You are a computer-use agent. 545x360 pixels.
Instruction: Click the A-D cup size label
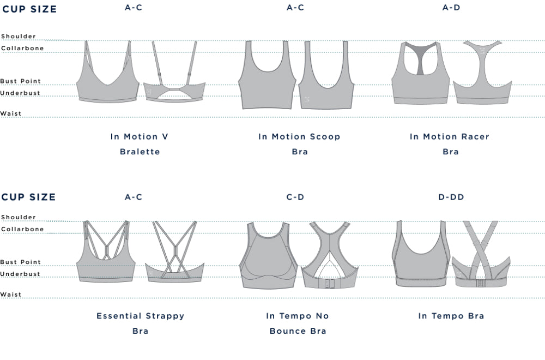451,8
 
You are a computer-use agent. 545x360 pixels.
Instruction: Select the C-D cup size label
295,197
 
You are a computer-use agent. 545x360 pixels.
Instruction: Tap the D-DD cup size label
451,197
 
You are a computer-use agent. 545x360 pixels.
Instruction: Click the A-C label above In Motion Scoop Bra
295,8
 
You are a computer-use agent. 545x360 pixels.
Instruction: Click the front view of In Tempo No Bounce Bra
268,256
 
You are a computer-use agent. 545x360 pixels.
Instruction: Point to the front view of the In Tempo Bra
419,256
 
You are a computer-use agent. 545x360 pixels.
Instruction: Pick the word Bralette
140,152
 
